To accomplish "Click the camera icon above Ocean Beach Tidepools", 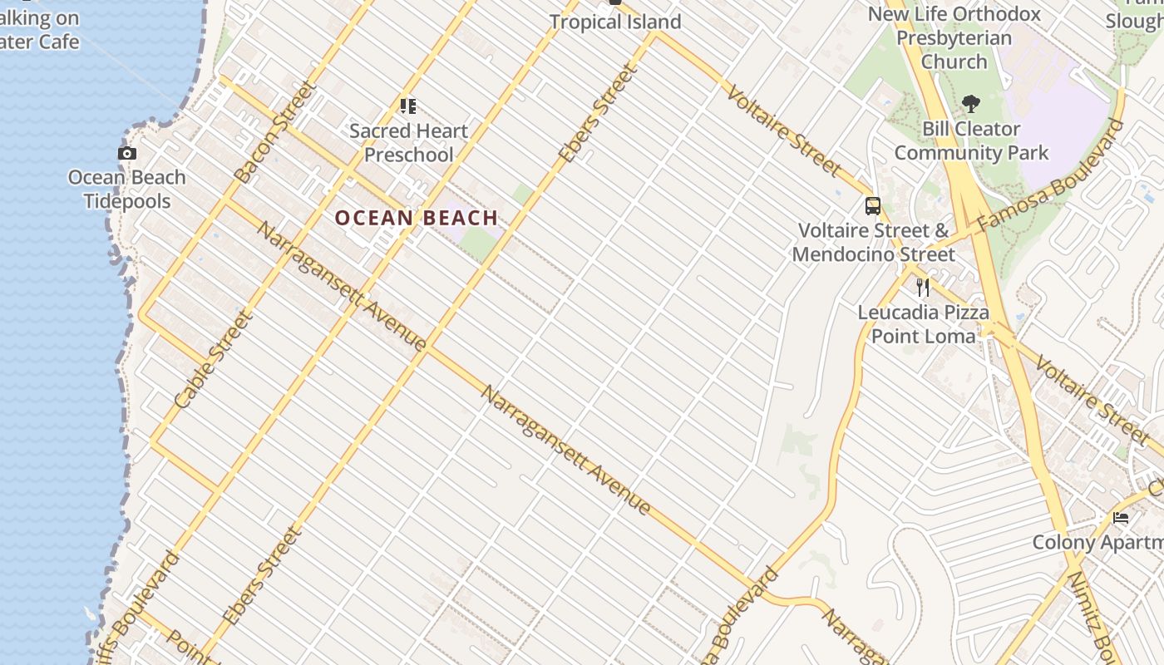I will tap(127, 153).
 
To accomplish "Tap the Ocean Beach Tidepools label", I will tap(127, 190).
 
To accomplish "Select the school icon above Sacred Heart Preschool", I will tap(407, 106).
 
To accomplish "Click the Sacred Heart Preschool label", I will tap(409, 143).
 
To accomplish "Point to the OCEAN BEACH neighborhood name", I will tap(417, 219).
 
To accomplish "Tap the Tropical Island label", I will tap(615, 22).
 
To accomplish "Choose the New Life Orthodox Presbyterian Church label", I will tap(954, 38).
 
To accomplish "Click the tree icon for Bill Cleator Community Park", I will tap(970, 104).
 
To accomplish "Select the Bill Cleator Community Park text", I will tap(971, 141).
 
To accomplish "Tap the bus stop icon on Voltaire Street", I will tap(872, 205).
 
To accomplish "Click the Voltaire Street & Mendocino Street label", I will tap(873, 242).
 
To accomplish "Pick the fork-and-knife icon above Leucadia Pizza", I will tap(923, 288).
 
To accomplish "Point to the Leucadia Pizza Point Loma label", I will tap(923, 324).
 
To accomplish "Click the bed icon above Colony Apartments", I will tap(1121, 518).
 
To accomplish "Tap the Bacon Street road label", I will tap(275, 131).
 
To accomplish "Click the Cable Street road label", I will tap(214, 359).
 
